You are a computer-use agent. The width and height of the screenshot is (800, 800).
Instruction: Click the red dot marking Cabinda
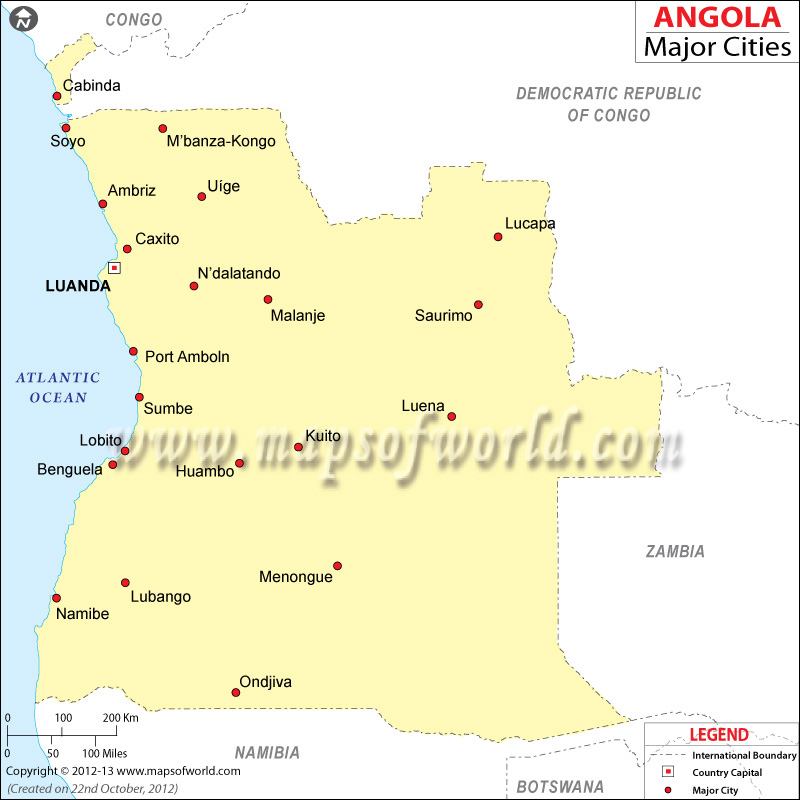click(56, 96)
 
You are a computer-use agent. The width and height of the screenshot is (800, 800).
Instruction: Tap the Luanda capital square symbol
click(114, 268)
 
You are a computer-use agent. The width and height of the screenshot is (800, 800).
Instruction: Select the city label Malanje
click(298, 316)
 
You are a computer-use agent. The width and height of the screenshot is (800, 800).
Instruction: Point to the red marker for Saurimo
click(478, 305)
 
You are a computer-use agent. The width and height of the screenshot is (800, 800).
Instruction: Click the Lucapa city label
click(530, 223)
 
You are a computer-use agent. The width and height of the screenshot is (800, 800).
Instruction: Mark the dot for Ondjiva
click(236, 692)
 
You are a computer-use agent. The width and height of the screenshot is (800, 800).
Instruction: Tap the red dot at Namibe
click(56, 598)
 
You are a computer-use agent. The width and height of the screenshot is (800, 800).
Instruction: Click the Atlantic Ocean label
click(58, 387)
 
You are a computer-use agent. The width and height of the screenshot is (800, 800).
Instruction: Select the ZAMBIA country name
click(675, 551)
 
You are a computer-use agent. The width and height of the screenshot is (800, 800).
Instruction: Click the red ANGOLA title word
click(717, 17)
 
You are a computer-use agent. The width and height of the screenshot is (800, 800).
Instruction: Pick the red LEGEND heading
click(718, 735)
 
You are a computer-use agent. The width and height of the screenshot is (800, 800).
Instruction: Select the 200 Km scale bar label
click(120, 718)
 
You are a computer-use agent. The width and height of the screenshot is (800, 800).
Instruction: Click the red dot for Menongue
click(338, 566)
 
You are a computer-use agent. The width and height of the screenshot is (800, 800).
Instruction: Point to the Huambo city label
click(205, 471)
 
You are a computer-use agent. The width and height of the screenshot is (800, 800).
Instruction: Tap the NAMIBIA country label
click(267, 752)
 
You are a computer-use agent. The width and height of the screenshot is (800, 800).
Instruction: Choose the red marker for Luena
click(452, 417)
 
